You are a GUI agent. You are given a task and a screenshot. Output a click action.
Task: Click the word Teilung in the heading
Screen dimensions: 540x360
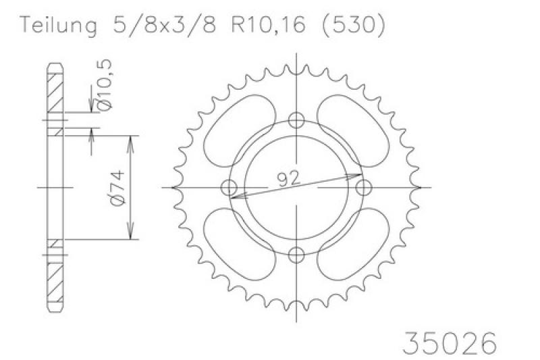(x=59, y=25)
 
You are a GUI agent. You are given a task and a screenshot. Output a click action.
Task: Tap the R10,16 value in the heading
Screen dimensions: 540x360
(x=268, y=24)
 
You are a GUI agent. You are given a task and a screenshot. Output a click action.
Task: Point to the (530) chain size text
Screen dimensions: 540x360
(x=353, y=25)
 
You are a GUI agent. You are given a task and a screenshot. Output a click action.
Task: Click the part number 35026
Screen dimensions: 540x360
(x=450, y=342)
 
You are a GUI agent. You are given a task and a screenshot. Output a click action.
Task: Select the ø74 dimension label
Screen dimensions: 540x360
(x=117, y=187)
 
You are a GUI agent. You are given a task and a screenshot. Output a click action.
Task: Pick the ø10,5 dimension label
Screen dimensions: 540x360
(x=105, y=84)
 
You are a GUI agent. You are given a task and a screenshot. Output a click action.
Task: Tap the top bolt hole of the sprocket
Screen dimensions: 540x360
(x=296, y=120)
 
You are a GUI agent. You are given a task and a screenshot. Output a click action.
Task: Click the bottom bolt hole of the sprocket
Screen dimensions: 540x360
(x=296, y=255)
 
